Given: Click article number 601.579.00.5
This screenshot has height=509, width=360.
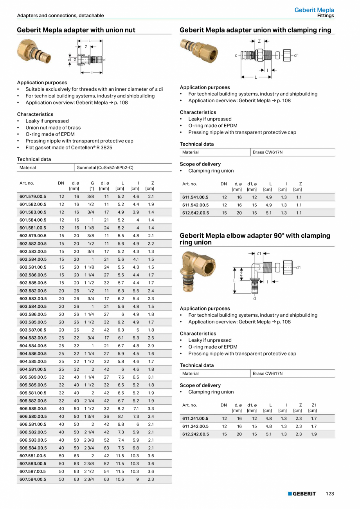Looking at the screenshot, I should pos(33,196).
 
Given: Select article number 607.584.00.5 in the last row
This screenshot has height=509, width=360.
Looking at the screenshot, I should pos(33,479).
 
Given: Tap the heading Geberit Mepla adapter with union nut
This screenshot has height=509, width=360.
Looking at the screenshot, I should pos(76,30).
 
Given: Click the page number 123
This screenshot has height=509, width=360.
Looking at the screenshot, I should pos(330,494).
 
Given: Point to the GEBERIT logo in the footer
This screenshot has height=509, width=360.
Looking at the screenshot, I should pos(302,494).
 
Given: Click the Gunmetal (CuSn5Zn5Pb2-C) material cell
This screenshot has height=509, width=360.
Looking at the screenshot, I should pos(105,168).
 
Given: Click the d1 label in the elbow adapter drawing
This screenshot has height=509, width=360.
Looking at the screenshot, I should pos(299,267).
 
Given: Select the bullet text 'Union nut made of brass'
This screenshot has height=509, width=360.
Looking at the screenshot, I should pos(53,127).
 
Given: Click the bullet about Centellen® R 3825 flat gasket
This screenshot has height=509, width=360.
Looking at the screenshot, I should pos(69,147).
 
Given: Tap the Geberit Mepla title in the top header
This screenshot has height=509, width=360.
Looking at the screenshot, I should pos(314,10).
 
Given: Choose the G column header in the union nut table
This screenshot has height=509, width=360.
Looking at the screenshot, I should pos(92,183).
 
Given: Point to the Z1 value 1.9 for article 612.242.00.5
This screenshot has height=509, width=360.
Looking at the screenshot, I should pos(314,434).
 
